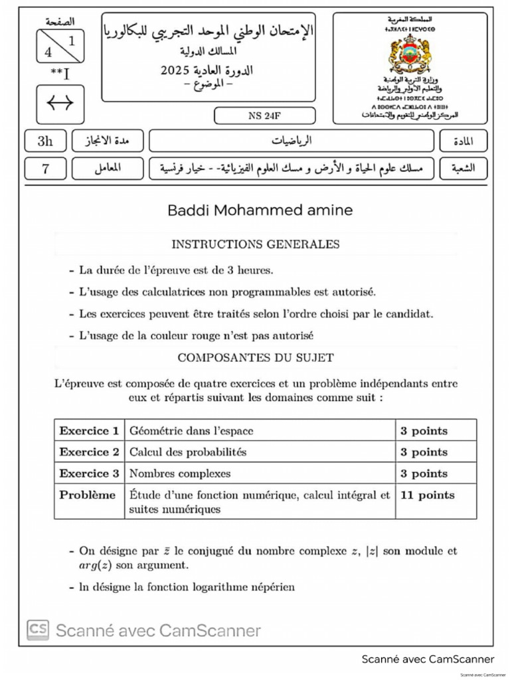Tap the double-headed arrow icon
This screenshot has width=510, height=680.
60,104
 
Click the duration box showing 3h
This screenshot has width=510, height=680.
44,141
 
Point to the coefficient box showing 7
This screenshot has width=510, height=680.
45,169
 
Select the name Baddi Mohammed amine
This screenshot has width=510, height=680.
260,211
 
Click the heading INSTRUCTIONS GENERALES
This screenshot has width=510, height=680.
256,244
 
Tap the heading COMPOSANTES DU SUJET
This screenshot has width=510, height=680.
256,357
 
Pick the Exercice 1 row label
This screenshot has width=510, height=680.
89,431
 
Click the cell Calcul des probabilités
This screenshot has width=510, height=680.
188,452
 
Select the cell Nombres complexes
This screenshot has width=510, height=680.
180,473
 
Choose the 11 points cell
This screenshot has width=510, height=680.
427,495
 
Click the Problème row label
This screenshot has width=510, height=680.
87,495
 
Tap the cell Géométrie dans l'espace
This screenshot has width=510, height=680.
191,431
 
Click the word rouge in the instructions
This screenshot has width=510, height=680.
226,335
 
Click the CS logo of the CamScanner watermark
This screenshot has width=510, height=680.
38,630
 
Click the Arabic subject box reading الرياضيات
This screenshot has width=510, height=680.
292,141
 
